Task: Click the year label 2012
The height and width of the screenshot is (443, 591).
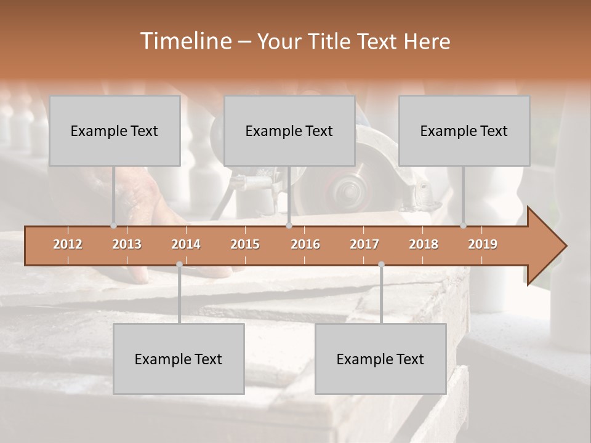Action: pos(68,244)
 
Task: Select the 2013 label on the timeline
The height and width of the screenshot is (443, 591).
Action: pos(127,244)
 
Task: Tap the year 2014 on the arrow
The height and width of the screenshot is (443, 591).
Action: pos(186,244)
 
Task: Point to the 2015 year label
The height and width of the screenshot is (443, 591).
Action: pos(245,244)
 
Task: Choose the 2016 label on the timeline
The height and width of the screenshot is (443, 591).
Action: pos(305,244)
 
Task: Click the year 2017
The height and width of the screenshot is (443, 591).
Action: pos(364,244)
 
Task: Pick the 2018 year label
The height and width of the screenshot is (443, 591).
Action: pos(424,244)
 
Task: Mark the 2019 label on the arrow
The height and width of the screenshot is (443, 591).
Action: pos(483,244)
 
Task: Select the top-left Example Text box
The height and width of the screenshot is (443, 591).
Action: pos(115,130)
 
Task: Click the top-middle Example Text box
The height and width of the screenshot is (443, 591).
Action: pos(289,130)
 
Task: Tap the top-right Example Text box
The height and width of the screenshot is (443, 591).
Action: pos(464,130)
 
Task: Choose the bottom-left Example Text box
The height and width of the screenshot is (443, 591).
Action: pos(179,359)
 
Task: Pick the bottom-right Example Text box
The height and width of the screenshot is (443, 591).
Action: pos(380,359)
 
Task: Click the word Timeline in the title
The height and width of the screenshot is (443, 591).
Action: pos(184,41)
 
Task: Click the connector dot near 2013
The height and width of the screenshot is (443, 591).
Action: pos(113,226)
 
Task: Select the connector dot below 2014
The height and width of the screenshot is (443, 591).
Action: pos(179,265)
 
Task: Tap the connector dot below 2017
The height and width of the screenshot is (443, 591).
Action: pos(381,265)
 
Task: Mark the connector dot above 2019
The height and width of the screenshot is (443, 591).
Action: pos(464,226)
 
